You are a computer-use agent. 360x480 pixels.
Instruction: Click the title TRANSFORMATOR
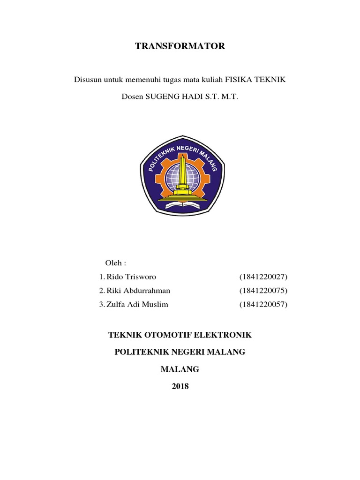pyautogui.click(x=180, y=46)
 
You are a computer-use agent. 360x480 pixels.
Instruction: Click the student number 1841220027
pyautogui.click(x=263, y=276)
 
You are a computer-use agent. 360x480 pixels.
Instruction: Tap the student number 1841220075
pyautogui.click(x=263, y=290)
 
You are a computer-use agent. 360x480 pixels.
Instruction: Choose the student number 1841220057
pyautogui.click(x=263, y=305)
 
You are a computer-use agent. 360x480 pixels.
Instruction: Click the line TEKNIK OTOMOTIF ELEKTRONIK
pyautogui.click(x=180, y=335)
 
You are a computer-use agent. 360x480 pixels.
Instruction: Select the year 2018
pyautogui.click(x=180, y=386)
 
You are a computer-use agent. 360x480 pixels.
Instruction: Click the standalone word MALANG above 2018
pyautogui.click(x=180, y=369)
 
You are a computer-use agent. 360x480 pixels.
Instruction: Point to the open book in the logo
pyautogui.click(x=180, y=203)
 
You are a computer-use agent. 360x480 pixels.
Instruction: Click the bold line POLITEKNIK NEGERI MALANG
pyautogui.click(x=180, y=352)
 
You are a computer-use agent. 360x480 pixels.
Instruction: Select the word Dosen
pyautogui.click(x=132, y=97)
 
